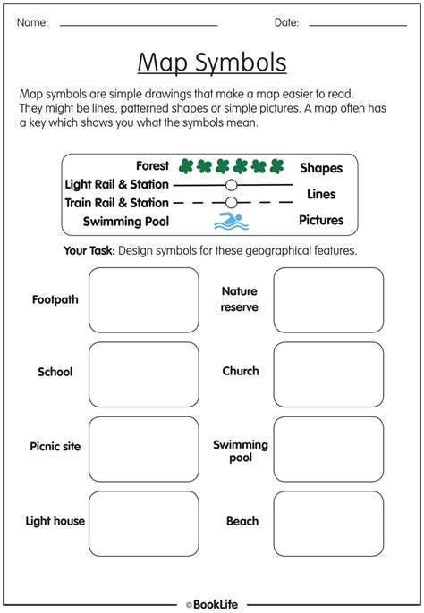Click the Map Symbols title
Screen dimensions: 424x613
212,63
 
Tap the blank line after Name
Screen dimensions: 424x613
139,24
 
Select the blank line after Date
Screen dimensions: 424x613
358,24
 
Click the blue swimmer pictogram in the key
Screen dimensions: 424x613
229,221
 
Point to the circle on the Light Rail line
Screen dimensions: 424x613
231,184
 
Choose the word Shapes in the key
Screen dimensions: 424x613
321,168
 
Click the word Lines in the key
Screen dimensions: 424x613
321,194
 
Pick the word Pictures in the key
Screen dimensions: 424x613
321,220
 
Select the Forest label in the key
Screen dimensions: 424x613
153,166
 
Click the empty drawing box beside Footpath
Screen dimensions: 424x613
144,299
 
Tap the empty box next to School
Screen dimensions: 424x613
144,374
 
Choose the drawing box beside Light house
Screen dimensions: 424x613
144,523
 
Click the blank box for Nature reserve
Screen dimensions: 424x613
328,299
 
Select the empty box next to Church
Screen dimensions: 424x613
328,374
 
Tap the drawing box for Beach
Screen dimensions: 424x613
328,523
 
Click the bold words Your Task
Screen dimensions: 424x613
89,251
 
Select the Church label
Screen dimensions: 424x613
241,371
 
